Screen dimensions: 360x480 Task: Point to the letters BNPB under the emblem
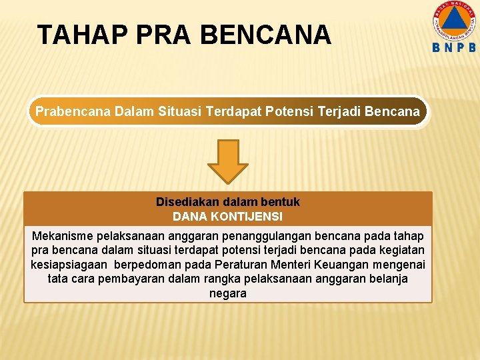click(x=454, y=48)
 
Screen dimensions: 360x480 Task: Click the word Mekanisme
click(x=63, y=236)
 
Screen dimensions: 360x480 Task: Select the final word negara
click(x=228, y=293)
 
